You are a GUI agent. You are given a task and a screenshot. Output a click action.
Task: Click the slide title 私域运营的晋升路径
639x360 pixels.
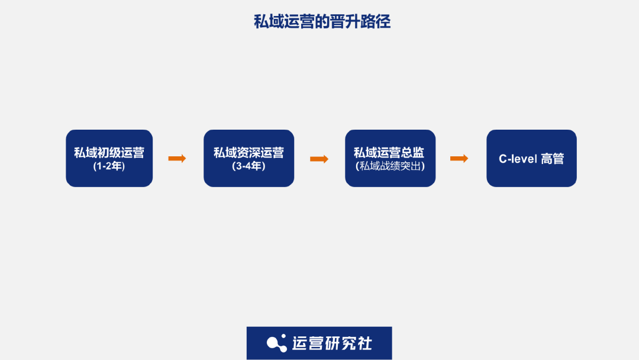[x=322, y=22]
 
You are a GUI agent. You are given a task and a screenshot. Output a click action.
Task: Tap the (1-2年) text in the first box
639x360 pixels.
[x=109, y=166]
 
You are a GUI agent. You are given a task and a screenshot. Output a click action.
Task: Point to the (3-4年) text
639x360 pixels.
[x=248, y=166]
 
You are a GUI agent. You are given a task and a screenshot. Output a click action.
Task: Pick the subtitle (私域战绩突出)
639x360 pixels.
[x=390, y=166]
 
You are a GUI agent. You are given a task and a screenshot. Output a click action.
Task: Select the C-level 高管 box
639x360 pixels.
[x=531, y=158]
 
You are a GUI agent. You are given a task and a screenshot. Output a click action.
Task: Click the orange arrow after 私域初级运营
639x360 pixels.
[x=177, y=158]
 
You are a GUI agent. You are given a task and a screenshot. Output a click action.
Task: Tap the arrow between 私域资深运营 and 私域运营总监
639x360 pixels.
[x=319, y=159]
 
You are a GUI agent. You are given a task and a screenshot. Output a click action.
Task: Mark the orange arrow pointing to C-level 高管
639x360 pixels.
[x=459, y=158]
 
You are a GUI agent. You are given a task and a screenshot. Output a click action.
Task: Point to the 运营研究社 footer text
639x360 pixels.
[x=332, y=343]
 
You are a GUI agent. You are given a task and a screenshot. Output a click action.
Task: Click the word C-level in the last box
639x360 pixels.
[x=518, y=159]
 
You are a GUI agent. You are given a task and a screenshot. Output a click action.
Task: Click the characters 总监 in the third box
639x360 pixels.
[x=412, y=153]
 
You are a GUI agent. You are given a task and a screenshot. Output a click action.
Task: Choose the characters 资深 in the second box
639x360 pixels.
[x=248, y=153]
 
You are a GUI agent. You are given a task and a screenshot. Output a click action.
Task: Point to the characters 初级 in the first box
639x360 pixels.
[x=109, y=153]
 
